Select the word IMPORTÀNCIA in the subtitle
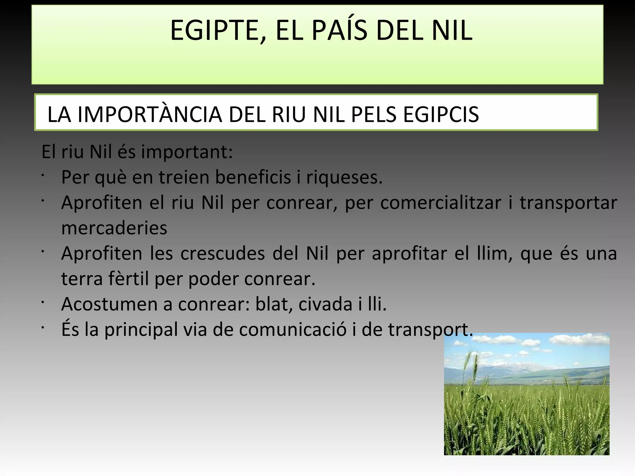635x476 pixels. point(150,115)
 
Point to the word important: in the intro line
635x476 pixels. point(187,152)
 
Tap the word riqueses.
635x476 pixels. point(344,178)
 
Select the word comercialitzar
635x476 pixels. point(440,203)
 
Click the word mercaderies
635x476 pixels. point(114,228)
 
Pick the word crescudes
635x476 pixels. point(222,253)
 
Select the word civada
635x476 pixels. point(325,304)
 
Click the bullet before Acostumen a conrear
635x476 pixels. point(43,302)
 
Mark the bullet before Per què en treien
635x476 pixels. point(43,175)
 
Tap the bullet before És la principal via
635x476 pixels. point(43,327)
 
